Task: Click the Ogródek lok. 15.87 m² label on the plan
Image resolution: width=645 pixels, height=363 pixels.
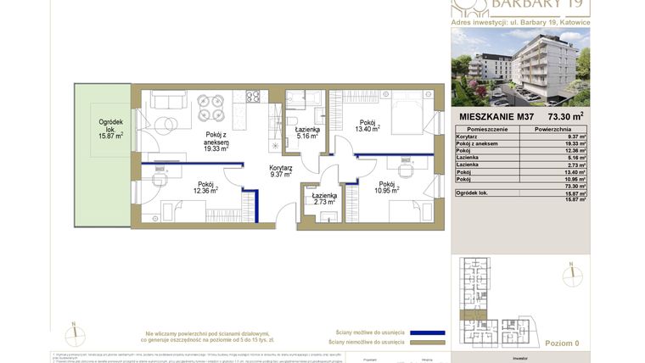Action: [x=110, y=129]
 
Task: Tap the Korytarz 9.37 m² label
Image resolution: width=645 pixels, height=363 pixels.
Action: [x=281, y=171]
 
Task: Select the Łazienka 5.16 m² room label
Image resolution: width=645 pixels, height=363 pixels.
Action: [x=306, y=132]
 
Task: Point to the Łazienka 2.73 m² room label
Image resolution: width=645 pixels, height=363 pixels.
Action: [x=324, y=198]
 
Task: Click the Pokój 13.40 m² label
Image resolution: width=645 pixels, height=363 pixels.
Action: [x=367, y=126]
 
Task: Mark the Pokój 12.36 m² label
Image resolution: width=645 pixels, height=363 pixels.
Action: [x=205, y=187]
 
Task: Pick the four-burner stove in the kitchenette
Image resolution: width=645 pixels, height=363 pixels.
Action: [x=252, y=96]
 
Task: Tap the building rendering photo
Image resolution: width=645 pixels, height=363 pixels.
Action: [x=520, y=64]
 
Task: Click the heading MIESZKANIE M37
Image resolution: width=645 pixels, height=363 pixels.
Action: [x=496, y=117]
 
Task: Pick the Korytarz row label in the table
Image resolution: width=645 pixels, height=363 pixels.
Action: [x=468, y=137]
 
